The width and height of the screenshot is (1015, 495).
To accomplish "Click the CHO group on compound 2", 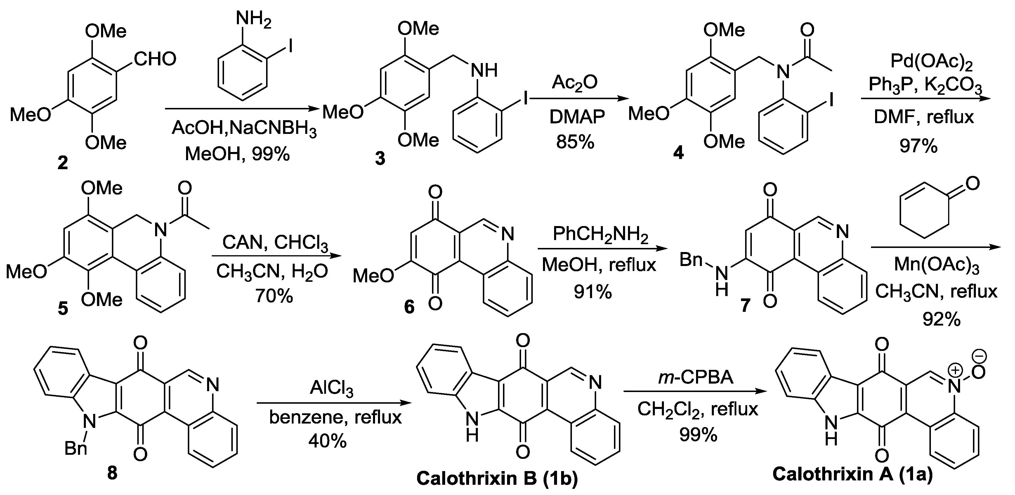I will pos(155,60).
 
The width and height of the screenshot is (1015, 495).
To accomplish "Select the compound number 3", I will pos(380,159).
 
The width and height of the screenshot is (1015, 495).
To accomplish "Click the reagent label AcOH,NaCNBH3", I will pos(244,128).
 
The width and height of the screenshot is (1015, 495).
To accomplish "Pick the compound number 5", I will pos(63,309).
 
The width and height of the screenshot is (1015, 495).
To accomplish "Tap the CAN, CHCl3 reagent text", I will pos(275,243).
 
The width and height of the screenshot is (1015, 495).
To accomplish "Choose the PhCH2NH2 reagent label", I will pos(600,234).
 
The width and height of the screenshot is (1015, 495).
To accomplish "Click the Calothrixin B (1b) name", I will pos(497,478).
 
